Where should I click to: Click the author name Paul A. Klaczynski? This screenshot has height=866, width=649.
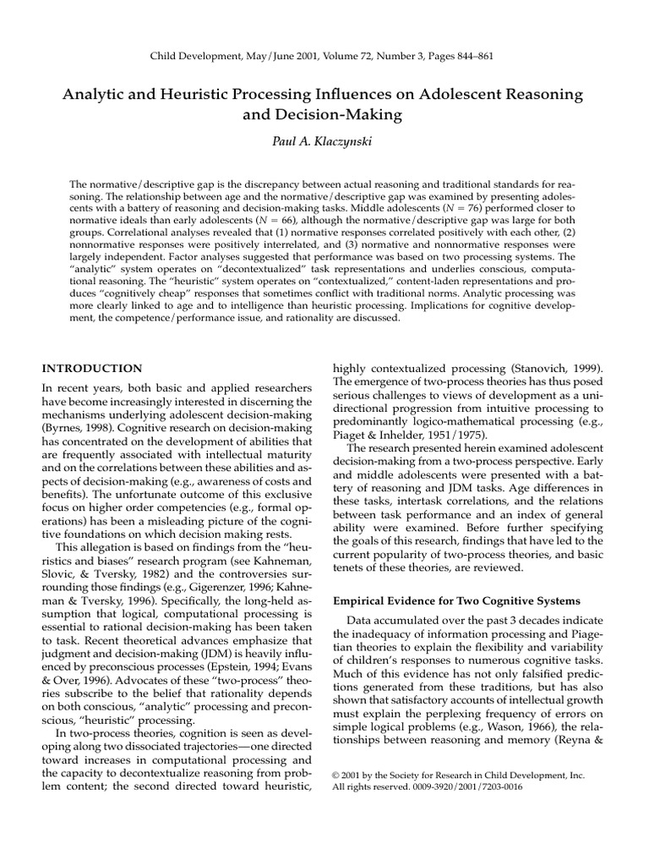tap(324, 142)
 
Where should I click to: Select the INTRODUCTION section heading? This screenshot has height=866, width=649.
tap(92, 368)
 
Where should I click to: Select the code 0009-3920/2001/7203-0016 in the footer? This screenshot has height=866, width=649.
tap(465, 787)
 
